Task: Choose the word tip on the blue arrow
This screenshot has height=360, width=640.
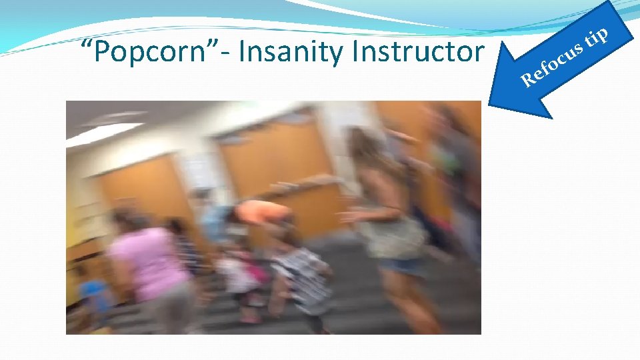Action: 596,39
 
